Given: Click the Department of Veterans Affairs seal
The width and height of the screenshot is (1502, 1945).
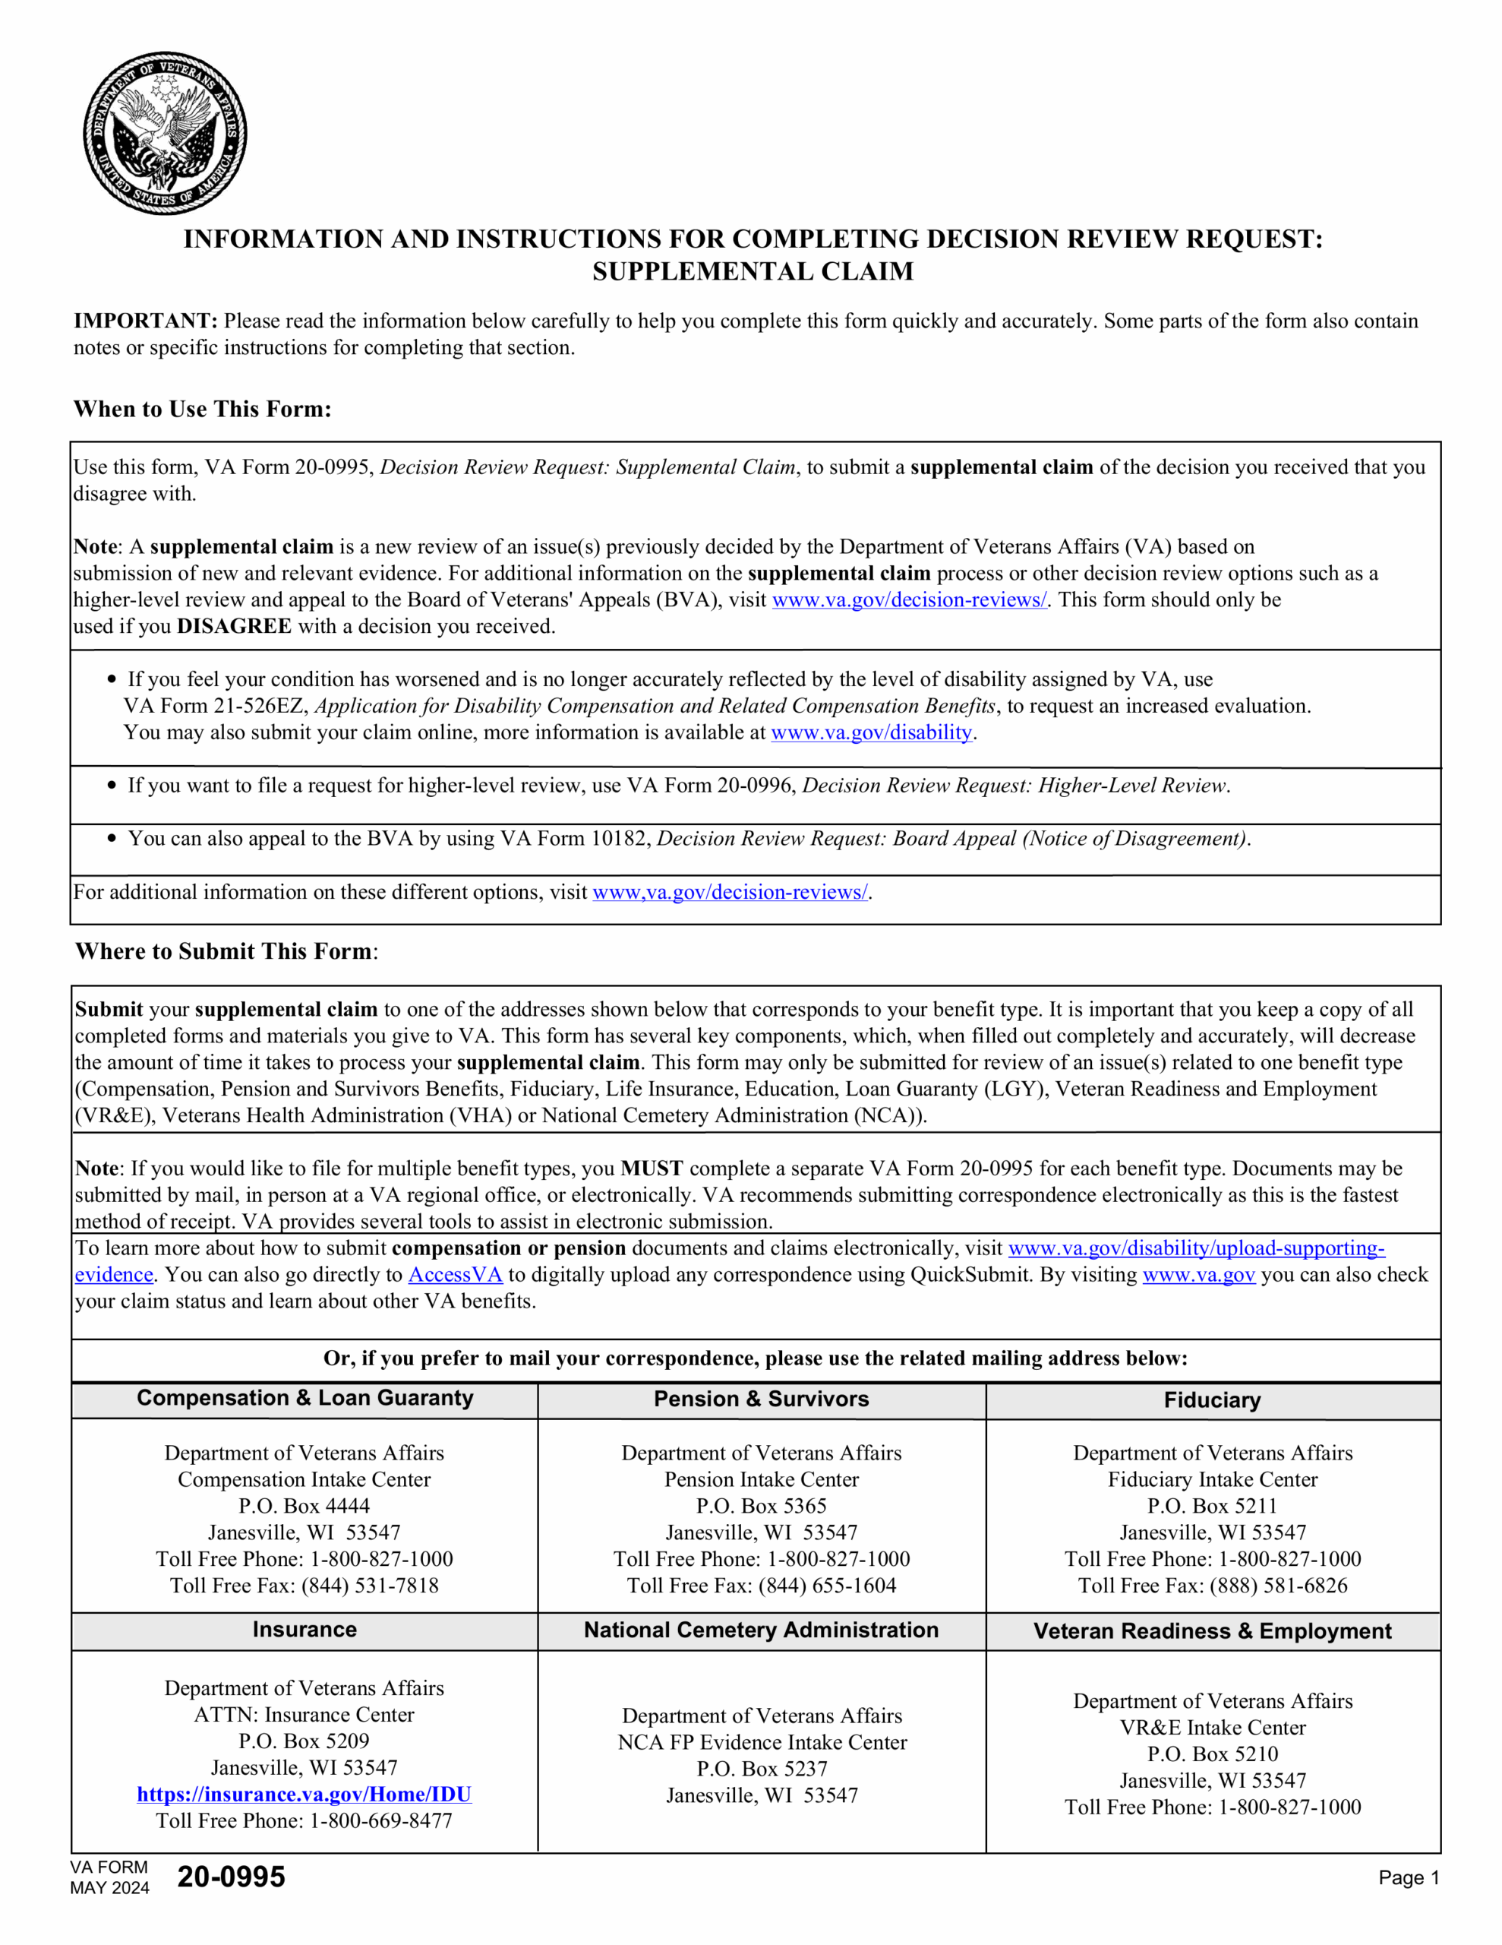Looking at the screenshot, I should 165,133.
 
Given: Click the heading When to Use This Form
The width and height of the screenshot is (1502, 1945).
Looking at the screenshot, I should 202,409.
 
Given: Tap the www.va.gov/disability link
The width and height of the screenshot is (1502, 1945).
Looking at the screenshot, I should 871,732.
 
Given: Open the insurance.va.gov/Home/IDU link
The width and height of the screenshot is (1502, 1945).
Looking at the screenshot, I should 304,1794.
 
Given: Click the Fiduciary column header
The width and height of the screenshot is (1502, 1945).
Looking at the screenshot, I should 1212,1400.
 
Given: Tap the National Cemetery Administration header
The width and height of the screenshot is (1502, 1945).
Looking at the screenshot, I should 761,1630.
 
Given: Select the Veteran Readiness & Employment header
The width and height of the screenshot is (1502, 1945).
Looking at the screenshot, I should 1212,1630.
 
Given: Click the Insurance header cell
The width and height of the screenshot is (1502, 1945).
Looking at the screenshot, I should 305,1629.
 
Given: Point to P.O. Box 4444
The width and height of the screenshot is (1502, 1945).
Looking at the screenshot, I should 304,1506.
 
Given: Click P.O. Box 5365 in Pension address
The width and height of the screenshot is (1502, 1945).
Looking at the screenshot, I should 761,1506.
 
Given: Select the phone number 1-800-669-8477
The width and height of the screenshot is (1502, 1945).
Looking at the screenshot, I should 381,1820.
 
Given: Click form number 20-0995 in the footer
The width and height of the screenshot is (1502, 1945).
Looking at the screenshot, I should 232,1877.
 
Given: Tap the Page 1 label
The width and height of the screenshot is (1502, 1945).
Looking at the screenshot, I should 1409,1877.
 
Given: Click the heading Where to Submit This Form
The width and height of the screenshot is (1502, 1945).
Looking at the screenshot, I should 224,951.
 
